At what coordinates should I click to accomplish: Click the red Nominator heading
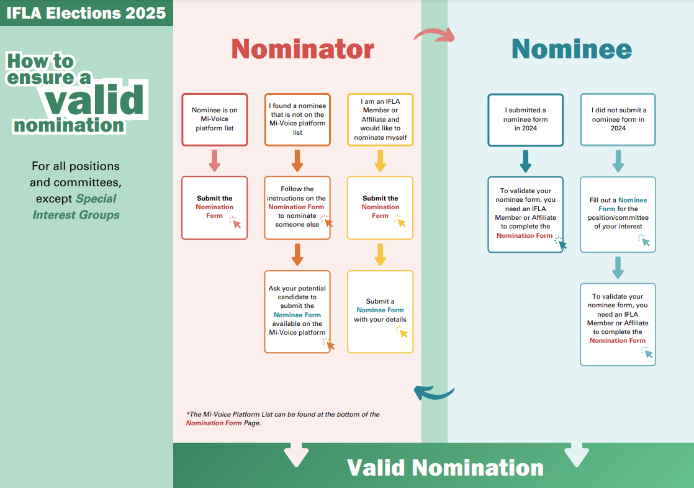[x=303, y=48]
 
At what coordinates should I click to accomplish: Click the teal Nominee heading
[x=572, y=48]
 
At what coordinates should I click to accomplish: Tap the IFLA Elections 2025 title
[x=86, y=13]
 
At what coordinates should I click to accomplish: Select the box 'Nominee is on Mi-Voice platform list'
[x=215, y=120]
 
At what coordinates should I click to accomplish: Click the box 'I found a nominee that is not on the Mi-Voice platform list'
[x=297, y=120]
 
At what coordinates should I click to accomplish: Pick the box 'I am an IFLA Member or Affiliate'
[x=380, y=120]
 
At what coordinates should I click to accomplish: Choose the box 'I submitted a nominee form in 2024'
[x=525, y=120]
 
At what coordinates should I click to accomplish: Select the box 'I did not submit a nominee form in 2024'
[x=618, y=120]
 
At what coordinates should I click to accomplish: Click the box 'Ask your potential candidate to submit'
[x=297, y=312]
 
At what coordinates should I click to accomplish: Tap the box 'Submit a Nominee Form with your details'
[x=380, y=312]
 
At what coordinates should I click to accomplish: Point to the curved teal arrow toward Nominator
[x=434, y=392]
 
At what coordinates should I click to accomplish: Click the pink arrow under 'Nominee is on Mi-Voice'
[x=215, y=161]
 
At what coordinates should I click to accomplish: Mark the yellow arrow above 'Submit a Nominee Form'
[x=380, y=255]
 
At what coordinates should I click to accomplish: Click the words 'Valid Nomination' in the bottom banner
[x=445, y=468]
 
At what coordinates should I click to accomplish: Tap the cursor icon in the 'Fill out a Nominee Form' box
[x=644, y=240]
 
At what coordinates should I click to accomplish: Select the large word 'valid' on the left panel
[x=95, y=99]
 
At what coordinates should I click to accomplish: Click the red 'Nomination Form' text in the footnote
[x=214, y=423]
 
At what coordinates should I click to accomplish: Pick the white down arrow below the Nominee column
[x=577, y=454]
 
